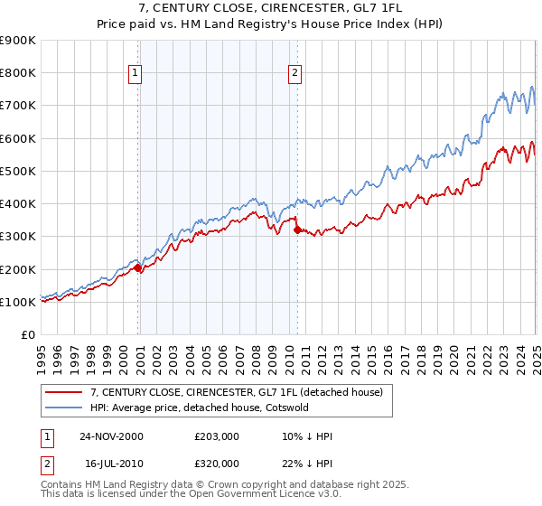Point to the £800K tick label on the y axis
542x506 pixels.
(x=17, y=73)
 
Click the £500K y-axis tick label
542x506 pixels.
(x=17, y=171)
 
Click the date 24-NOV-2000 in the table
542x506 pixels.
(x=112, y=436)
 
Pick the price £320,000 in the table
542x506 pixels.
(x=217, y=463)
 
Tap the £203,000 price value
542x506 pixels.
(x=217, y=436)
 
